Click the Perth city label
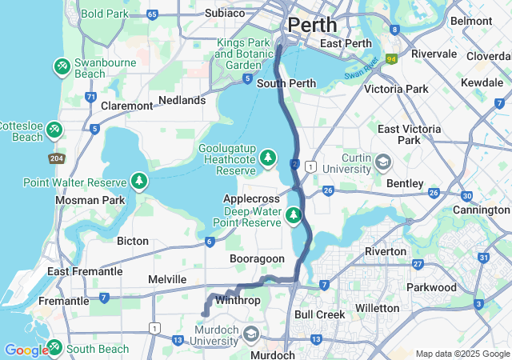pyautogui.click(x=312, y=24)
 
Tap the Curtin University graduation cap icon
pyautogui.click(x=383, y=162)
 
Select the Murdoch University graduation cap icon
pyautogui.click(x=251, y=334)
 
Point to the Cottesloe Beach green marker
pyautogui.click(x=54, y=129)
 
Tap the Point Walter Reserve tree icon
pyautogui.click(x=140, y=181)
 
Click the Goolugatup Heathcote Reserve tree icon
pyautogui.click(x=268, y=156)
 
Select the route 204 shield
pyautogui.click(x=56, y=158)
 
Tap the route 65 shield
pyautogui.click(x=153, y=14)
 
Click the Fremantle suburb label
pyautogui.click(x=64, y=301)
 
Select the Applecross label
pyautogui.click(x=251, y=198)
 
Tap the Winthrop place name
pyautogui.click(x=238, y=301)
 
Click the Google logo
pyautogui.click(x=26, y=350)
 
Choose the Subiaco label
pyautogui.click(x=203, y=13)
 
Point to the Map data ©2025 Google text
pyautogui.click(x=462, y=354)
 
